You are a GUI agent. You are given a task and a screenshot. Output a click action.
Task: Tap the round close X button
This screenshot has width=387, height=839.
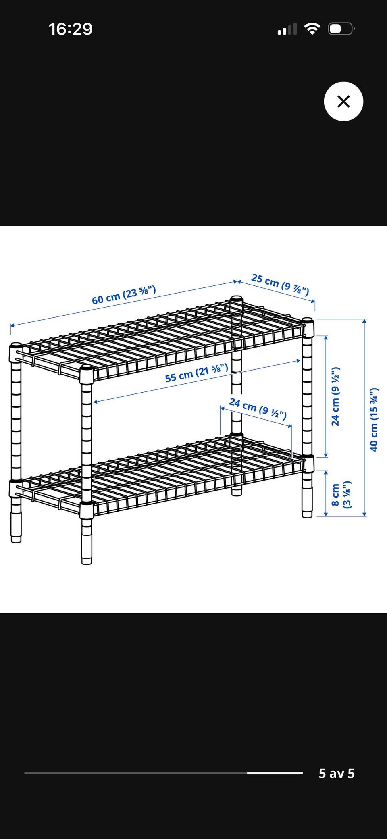pyautogui.click(x=343, y=101)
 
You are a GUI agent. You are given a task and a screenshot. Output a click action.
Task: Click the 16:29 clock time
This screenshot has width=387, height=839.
pyautogui.click(x=71, y=29)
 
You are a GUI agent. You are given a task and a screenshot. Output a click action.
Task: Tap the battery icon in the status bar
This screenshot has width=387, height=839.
pyautogui.click(x=341, y=29)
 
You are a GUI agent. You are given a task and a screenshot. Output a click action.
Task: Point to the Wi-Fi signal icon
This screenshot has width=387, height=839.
pyautogui.click(x=312, y=29)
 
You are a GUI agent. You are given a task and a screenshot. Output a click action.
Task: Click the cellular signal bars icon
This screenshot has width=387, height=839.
pyautogui.click(x=287, y=29)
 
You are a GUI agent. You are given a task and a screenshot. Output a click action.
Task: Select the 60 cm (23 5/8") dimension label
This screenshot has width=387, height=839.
pyautogui.click(x=124, y=295)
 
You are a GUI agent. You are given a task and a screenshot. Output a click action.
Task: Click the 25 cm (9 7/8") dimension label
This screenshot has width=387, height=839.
pyautogui.click(x=280, y=284)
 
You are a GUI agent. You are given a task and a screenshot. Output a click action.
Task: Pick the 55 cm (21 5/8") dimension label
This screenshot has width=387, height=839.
pyautogui.click(x=197, y=373)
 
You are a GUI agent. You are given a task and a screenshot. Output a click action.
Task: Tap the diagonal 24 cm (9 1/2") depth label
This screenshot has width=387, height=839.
pyautogui.click(x=258, y=408)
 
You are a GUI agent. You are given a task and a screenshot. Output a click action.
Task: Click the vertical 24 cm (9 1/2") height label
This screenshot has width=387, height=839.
pyautogui.click(x=335, y=396)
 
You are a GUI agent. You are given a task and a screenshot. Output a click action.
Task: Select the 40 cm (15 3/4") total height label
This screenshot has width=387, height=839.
pyautogui.click(x=374, y=419)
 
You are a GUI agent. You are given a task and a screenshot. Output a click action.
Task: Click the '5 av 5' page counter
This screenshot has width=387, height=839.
pyautogui.click(x=337, y=773)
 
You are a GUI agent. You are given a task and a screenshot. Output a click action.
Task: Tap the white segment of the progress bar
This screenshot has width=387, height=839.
pyautogui.click(x=275, y=773)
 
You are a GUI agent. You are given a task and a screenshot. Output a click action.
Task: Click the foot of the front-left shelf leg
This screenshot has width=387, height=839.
pyautogui.click(x=16, y=539)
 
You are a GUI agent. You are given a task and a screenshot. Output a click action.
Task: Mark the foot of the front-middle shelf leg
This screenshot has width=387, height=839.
pyautogui.click(x=87, y=560)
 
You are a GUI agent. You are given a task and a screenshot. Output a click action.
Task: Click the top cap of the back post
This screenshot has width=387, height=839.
pyautogui.click(x=237, y=299)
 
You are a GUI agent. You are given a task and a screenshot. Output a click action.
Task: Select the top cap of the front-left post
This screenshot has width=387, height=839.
pyautogui.click(x=16, y=346)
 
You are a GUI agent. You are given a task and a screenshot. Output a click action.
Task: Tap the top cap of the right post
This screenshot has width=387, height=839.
pyautogui.click(x=308, y=321)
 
